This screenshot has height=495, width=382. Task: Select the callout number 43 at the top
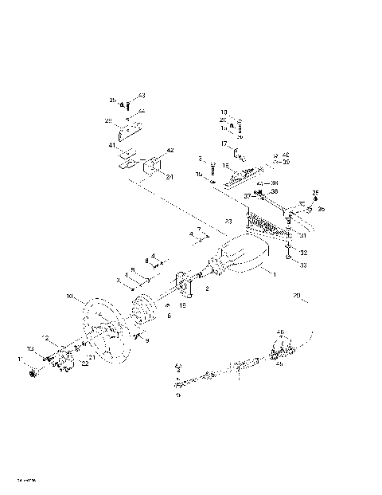(x=142, y=95)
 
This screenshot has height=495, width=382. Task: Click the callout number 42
(x=170, y=150)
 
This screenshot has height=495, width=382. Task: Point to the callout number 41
(x=112, y=146)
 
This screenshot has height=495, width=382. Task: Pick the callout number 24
(x=170, y=177)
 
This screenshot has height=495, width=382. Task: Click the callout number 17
(x=224, y=143)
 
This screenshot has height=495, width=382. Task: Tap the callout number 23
(x=228, y=220)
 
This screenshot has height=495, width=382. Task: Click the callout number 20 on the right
(x=296, y=296)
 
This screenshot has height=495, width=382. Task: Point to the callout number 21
(x=92, y=359)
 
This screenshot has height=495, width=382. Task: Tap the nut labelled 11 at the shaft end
(x=33, y=373)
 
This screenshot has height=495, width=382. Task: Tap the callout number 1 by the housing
(x=275, y=274)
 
